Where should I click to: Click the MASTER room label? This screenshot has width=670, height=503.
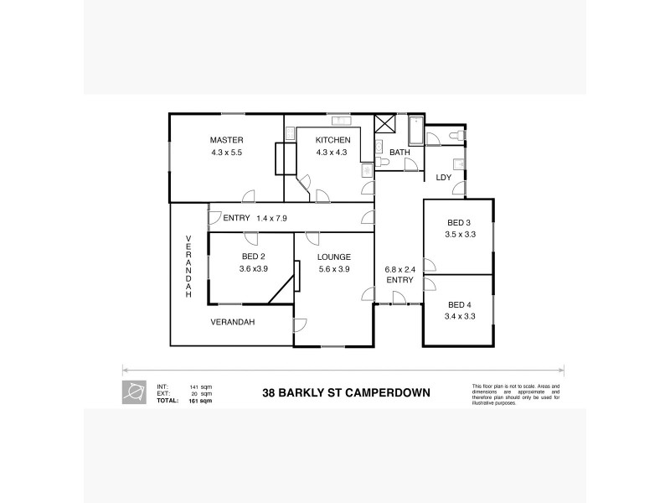pyautogui.click(x=226, y=140)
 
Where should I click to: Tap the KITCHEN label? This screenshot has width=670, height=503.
pyautogui.click(x=332, y=140)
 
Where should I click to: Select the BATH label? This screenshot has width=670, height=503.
pyautogui.click(x=399, y=152)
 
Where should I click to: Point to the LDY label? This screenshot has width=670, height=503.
pyautogui.click(x=444, y=177)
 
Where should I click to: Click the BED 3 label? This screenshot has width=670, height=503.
pyautogui.click(x=460, y=223)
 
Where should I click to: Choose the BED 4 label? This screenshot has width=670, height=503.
pyautogui.click(x=460, y=304)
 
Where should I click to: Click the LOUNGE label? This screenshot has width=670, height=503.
pyautogui.click(x=333, y=257)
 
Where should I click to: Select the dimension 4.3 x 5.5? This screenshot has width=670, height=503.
pyautogui.click(x=226, y=153)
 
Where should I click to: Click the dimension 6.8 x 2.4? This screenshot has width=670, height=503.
pyautogui.click(x=399, y=268)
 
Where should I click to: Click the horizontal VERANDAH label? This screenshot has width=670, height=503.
pyautogui.click(x=232, y=321)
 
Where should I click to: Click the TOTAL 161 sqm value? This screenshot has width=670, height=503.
pyautogui.click(x=200, y=402)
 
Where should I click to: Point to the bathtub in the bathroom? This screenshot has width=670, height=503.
pyautogui.click(x=415, y=132)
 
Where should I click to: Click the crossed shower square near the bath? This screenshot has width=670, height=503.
pyautogui.click(x=384, y=123)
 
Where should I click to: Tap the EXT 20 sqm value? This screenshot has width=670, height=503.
pyautogui.click(x=200, y=393)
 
